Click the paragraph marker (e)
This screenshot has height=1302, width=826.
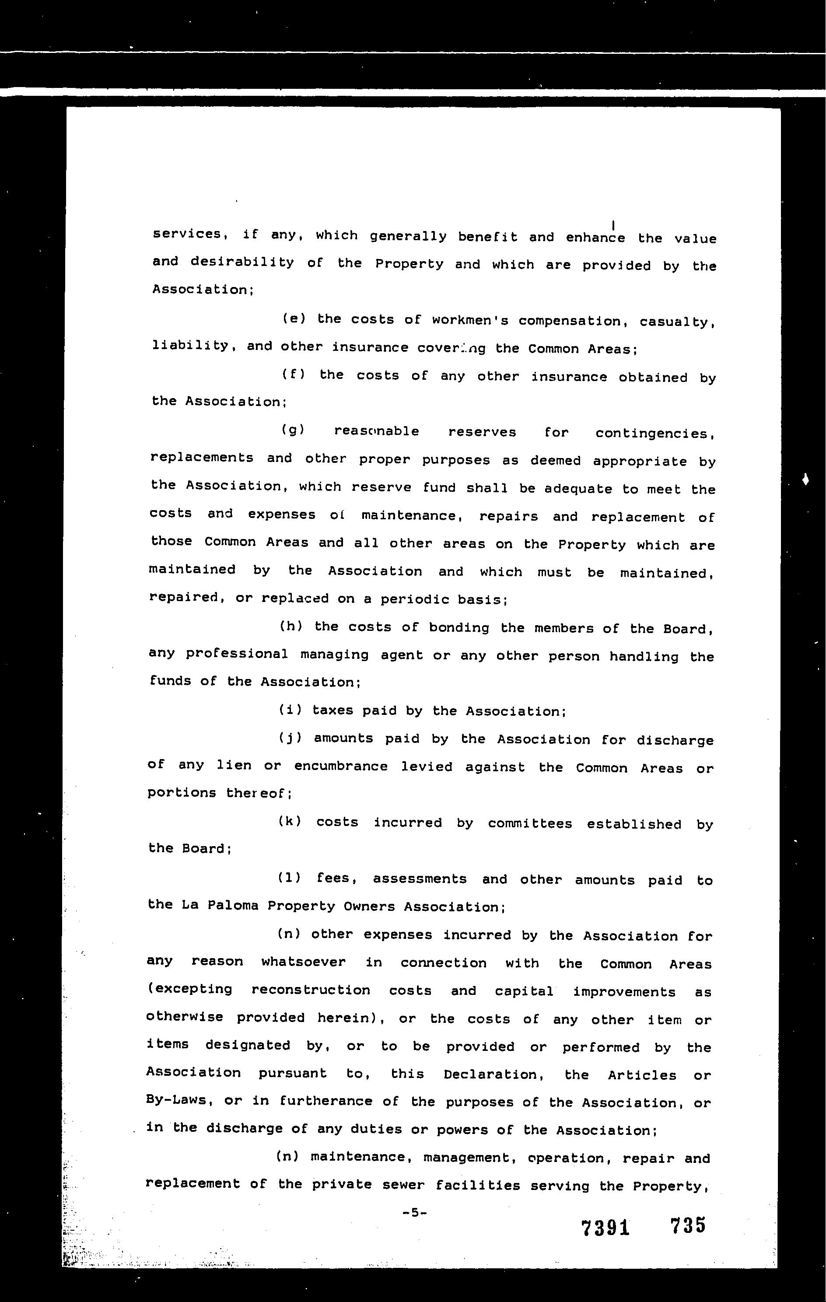pyautogui.click(x=294, y=319)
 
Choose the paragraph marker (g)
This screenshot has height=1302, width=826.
pyautogui.click(x=294, y=431)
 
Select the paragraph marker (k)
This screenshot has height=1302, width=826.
pyautogui.click(x=290, y=822)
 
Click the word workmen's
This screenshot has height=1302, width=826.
pyautogui.click(x=470, y=321)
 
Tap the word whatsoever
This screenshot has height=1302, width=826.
pyautogui.click(x=303, y=962)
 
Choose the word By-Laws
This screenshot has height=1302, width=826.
pyautogui.click(x=178, y=1101)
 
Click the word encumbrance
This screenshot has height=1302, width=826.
pyautogui.click(x=340, y=766)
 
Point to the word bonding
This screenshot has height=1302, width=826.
pyautogui.click(x=459, y=628)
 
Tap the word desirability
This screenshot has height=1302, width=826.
pyautogui.click(x=242, y=263)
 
